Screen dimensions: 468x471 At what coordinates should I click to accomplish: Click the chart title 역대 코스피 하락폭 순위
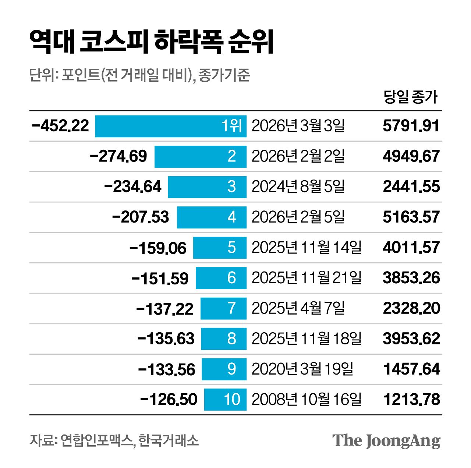pyautogui.click(x=151, y=42)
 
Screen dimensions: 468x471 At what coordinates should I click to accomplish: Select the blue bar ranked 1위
pyautogui.click(x=171, y=126)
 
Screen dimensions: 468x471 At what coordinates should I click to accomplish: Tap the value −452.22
pyautogui.click(x=61, y=126)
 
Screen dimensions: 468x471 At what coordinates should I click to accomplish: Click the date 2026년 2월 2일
pyautogui.click(x=298, y=156)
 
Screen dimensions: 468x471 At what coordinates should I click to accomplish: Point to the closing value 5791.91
pyautogui.click(x=411, y=126)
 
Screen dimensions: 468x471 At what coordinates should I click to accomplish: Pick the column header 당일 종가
pyautogui.click(x=410, y=97)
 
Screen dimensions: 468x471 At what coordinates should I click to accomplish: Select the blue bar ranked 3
pyautogui.click(x=207, y=187)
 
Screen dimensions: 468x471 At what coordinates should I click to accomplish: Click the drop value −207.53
pyautogui.click(x=141, y=217)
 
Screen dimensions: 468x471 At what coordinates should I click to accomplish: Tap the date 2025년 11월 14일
pyautogui.click(x=307, y=248)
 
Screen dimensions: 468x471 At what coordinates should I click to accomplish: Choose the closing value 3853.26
pyautogui.click(x=411, y=278)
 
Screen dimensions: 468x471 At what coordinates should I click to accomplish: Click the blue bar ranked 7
pyautogui.click(x=223, y=308)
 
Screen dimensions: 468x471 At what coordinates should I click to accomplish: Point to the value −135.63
pyautogui.click(x=166, y=339)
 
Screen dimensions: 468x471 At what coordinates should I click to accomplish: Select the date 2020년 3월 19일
pyautogui.click(x=302, y=369)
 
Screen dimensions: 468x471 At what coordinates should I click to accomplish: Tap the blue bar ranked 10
pyautogui.click(x=225, y=400)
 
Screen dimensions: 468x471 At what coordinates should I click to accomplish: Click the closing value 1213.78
pyautogui.click(x=411, y=400)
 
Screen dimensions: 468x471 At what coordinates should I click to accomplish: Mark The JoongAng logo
pyautogui.click(x=386, y=441)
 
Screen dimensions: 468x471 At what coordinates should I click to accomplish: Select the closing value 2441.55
pyautogui.click(x=411, y=187)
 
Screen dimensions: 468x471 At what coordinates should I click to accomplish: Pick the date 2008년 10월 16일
pyautogui.click(x=307, y=400)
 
